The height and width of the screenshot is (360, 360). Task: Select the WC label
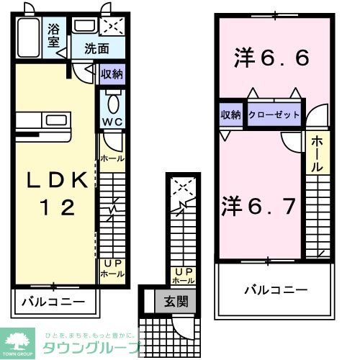point(112,122)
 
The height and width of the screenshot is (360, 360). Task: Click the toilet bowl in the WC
point(112,100)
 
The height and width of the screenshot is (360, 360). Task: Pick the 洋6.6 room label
point(271,58)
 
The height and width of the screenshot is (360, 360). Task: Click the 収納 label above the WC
point(111,73)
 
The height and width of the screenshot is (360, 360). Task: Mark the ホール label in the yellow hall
point(318,154)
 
